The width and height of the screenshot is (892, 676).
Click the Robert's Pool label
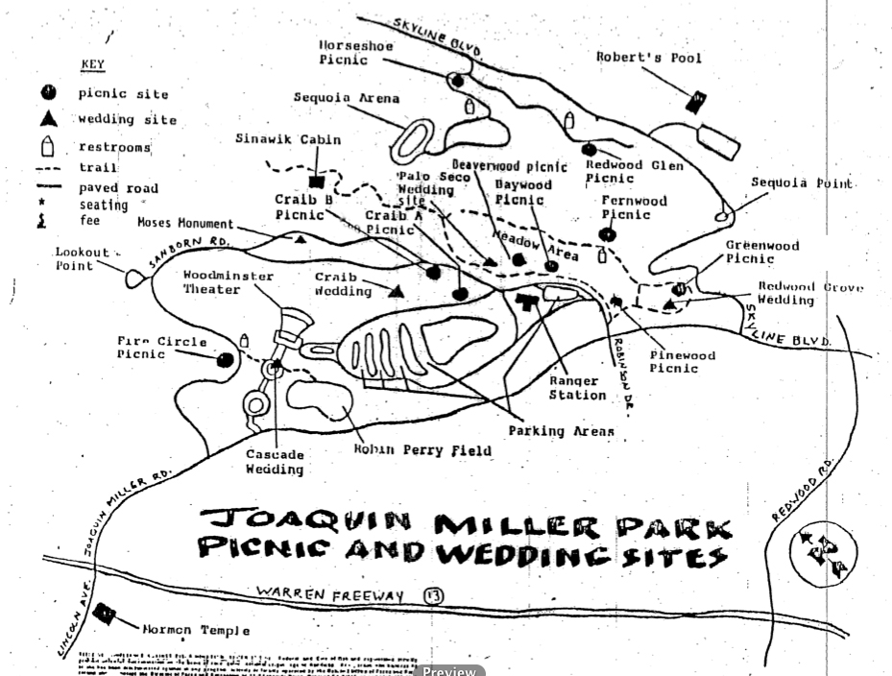coord(648,58)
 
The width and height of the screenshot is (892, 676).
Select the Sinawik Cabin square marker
coord(316,181)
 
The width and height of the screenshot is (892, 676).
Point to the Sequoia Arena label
coord(347,98)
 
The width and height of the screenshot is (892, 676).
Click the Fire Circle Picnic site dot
coord(226,360)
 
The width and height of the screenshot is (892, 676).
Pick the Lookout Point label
coord(81,259)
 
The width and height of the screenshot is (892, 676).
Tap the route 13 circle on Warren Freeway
coord(433,595)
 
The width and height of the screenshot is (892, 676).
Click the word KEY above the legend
coord(92,65)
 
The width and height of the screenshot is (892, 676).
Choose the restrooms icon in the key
coord(49,147)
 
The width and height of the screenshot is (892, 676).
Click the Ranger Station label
coord(577,387)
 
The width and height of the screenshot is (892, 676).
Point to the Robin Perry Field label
coord(422,450)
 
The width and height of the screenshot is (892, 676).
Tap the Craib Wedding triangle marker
coord(397,290)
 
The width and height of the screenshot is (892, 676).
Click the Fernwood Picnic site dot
coord(606,234)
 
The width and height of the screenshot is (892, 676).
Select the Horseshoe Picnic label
coord(343,52)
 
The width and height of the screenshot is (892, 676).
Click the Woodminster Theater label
coord(229,282)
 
